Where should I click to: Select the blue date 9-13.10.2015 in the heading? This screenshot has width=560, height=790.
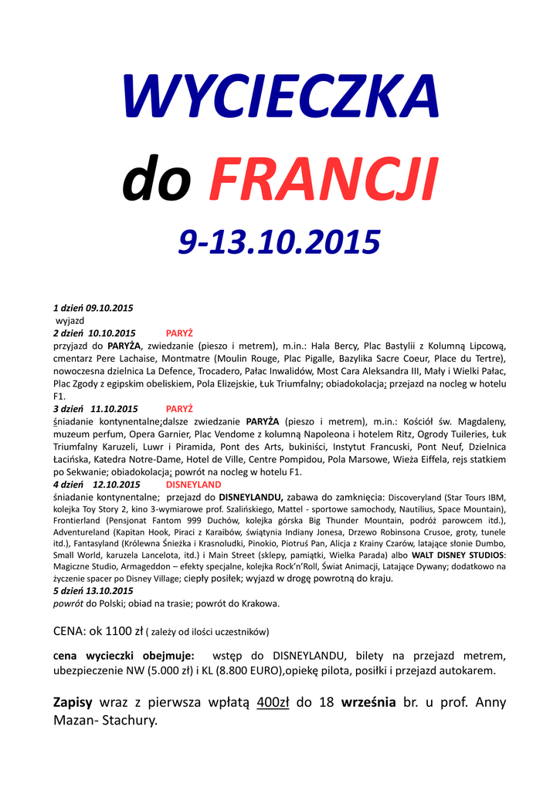point(280,241)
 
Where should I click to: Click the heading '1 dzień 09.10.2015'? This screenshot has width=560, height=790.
point(93,308)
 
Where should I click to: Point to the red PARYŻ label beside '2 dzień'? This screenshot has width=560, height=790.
point(179,333)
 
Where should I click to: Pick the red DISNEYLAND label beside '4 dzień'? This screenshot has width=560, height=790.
point(193,484)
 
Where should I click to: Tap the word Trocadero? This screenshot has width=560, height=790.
point(225,370)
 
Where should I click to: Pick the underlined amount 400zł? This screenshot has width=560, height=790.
point(273,703)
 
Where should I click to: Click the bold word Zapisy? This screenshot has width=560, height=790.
point(73,703)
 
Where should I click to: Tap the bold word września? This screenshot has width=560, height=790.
point(366,703)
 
